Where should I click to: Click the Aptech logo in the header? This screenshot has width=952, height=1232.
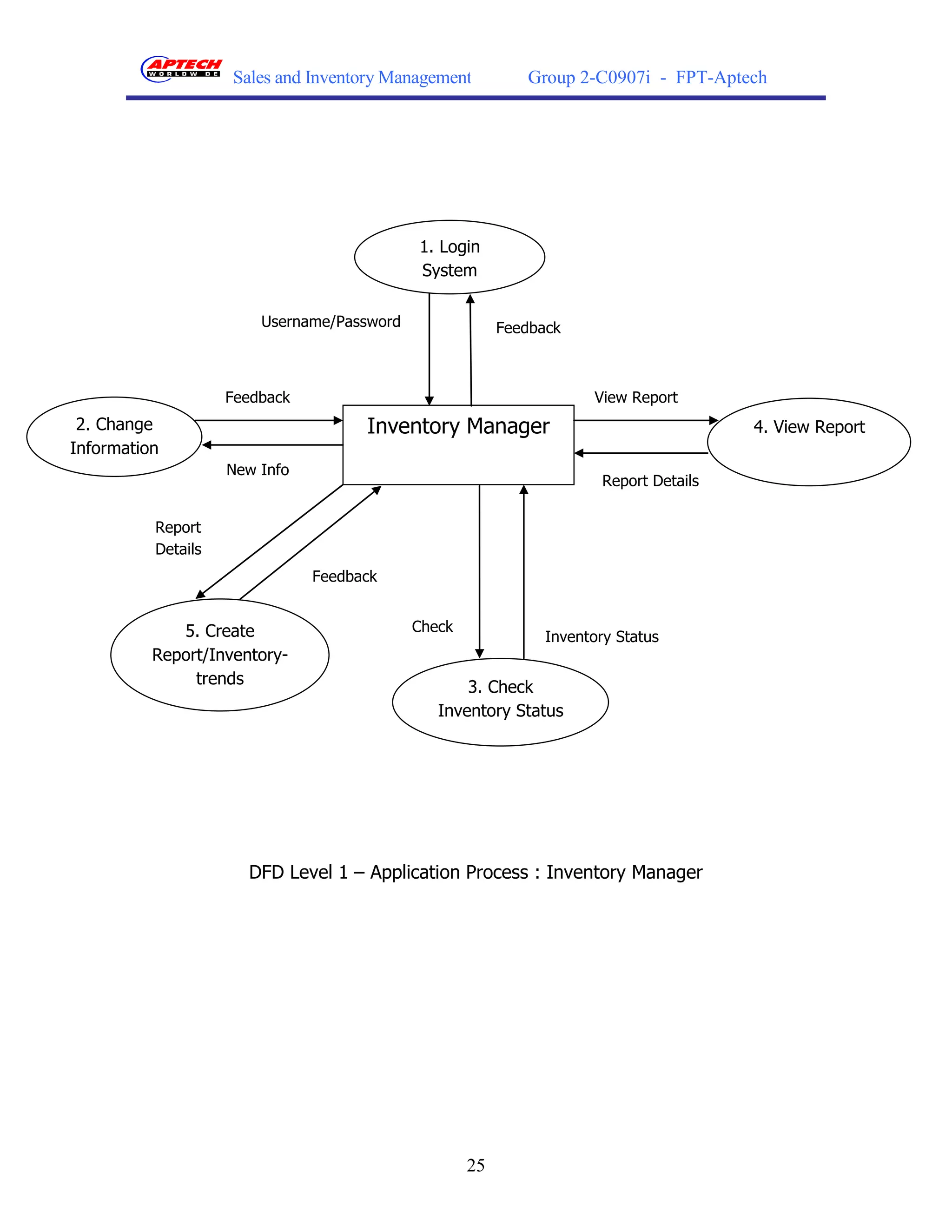pyautogui.click(x=180, y=69)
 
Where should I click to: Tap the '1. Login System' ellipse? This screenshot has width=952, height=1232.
pyautogui.click(x=450, y=257)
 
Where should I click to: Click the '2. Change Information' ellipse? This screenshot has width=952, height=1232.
pyautogui.click(x=114, y=436)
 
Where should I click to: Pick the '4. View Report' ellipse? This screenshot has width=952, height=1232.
pyautogui.click(x=808, y=442)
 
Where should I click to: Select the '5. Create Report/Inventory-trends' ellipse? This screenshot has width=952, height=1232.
pyautogui.click(x=219, y=655)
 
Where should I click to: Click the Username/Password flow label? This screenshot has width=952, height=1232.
pyautogui.click(x=331, y=322)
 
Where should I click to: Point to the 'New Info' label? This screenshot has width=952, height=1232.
pyautogui.click(x=257, y=470)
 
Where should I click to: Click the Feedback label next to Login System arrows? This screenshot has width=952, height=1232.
pyautogui.click(x=528, y=328)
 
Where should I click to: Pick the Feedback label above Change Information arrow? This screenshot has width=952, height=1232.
pyautogui.click(x=257, y=397)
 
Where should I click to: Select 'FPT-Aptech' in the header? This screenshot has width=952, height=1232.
pyautogui.click(x=721, y=77)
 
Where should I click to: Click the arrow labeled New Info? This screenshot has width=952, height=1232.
pyautogui.click(x=272, y=445)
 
